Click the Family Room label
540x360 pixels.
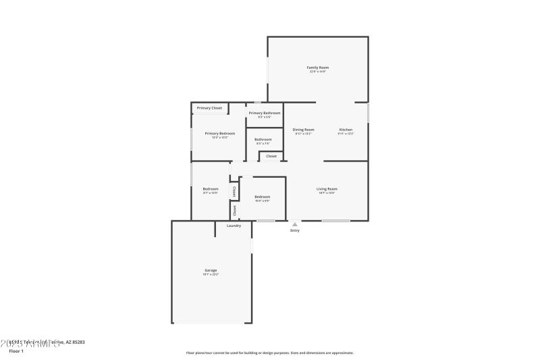click(318, 68)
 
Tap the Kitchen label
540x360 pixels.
click(346, 130)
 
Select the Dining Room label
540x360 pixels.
click(303, 130)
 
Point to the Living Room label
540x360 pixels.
click(327, 189)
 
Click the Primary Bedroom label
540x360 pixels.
click(220, 134)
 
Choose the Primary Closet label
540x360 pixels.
click(209, 108)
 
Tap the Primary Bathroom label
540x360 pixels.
click(264, 113)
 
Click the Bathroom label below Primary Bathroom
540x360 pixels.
click(263, 140)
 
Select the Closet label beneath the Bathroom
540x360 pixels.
click(271, 156)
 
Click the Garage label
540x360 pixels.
click(211, 270)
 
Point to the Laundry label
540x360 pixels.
click(234, 226)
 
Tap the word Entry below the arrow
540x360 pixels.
click(294, 231)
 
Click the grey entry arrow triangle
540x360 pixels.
click(294, 224)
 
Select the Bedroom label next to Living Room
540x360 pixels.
click(262, 197)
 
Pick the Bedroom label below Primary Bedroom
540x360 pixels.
click(211, 189)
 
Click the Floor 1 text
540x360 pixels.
click(16, 351)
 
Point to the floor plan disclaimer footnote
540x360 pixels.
click(269, 353)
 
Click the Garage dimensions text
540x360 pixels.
click(211, 275)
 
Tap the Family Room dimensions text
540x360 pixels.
click(318, 72)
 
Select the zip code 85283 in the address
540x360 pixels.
click(77, 342)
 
